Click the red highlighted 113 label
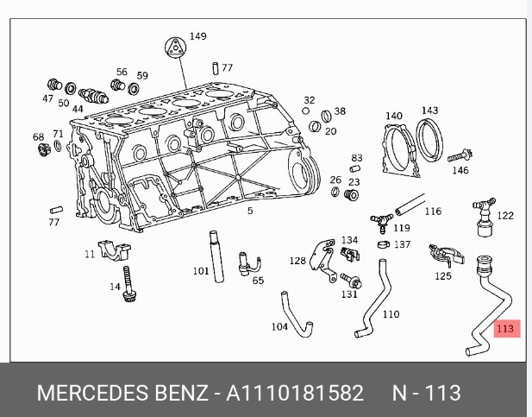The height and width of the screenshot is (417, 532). tap(504, 328)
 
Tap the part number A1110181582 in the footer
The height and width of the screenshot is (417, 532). tap(295, 393)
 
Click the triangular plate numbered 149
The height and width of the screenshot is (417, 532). tap(175, 47)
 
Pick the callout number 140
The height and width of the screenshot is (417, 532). tap(393, 116)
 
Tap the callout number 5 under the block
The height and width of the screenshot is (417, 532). tap(250, 211)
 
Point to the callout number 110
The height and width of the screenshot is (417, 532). tap(391, 314)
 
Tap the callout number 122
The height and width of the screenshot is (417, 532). tap(505, 216)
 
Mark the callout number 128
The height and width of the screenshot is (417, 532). tap(297, 260)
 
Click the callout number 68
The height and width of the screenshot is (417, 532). tap(38, 137)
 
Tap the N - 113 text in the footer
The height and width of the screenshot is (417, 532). tap(427, 393)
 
